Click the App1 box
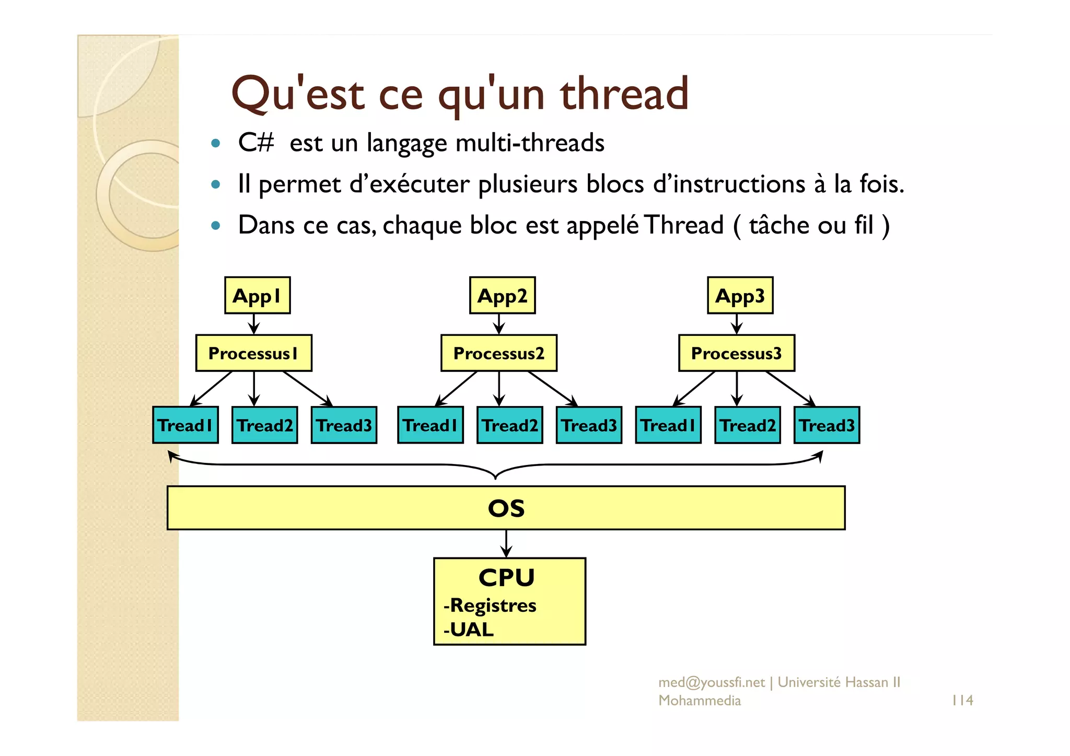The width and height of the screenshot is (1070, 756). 257,296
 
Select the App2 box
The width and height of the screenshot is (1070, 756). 502,296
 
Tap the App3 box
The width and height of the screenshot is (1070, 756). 740,296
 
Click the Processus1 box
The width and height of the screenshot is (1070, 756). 253,353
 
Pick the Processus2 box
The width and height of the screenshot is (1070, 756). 498,353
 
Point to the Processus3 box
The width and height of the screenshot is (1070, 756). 736,353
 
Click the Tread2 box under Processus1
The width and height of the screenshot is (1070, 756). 264,425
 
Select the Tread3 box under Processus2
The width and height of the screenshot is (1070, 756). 589,425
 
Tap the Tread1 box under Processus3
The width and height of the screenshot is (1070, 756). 668,425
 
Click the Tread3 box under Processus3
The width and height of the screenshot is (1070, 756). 827,425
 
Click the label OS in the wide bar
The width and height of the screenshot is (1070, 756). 506,508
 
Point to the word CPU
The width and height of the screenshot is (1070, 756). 506,578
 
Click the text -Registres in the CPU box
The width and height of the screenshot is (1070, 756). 490,606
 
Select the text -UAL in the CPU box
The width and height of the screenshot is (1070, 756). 469,630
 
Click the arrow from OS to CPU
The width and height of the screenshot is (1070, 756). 506,544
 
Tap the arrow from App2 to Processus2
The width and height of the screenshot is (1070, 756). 499,324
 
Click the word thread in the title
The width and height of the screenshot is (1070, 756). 624,94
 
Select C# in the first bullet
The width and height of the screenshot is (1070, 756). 255,142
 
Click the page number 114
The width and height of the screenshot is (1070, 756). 962,700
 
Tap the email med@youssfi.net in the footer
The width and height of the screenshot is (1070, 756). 711,682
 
